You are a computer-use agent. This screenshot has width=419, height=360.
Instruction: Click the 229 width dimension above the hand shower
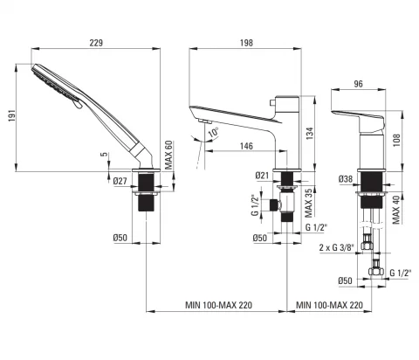click(x=96, y=43)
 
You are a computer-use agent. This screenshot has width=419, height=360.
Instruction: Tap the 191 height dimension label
click(x=11, y=115)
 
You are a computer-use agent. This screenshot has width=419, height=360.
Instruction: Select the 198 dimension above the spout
click(x=246, y=43)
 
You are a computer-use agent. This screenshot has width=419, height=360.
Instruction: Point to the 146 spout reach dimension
click(x=246, y=146)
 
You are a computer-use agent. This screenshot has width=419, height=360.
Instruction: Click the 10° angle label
click(x=214, y=133)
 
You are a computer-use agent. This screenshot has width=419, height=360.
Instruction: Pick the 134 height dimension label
click(x=310, y=134)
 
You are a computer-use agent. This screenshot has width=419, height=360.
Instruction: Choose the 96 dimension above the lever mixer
click(x=358, y=84)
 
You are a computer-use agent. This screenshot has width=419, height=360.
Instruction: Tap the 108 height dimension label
click(x=396, y=140)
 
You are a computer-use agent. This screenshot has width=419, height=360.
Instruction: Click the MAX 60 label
click(x=168, y=155)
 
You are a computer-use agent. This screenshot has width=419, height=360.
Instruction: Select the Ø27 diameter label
click(x=120, y=181)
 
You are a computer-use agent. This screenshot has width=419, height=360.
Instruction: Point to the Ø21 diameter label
click(x=262, y=176)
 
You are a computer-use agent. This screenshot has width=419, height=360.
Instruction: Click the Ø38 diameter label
click(x=346, y=179)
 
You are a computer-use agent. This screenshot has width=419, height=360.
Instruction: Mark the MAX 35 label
click(x=309, y=203)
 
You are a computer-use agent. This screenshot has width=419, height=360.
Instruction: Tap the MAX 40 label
click(x=396, y=210)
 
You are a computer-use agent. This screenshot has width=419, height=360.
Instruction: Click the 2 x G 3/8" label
click(x=336, y=247)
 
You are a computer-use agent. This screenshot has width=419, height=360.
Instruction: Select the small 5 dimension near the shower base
click(x=105, y=155)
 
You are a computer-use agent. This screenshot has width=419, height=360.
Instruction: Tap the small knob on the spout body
click(x=272, y=102)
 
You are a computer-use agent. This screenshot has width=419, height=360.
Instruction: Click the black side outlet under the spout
click(x=274, y=205)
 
